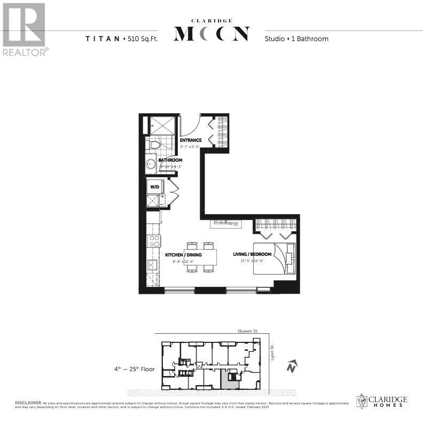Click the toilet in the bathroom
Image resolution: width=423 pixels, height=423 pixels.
(155, 145)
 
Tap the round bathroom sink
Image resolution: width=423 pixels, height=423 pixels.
(151, 164)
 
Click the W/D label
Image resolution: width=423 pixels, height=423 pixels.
(154, 187)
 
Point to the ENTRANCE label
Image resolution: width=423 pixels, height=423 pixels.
(190, 140)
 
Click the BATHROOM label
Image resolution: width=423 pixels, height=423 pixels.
(170, 160)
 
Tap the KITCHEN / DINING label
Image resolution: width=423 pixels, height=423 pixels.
(183, 255)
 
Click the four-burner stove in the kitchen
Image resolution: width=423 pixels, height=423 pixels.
(153, 241)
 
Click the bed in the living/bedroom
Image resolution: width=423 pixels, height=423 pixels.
(275, 258)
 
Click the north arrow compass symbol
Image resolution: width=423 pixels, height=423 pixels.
(291, 367)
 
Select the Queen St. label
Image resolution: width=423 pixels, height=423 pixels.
(249, 331)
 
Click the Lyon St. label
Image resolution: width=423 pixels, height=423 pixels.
(271, 351)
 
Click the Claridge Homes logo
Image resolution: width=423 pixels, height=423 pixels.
(381, 401)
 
